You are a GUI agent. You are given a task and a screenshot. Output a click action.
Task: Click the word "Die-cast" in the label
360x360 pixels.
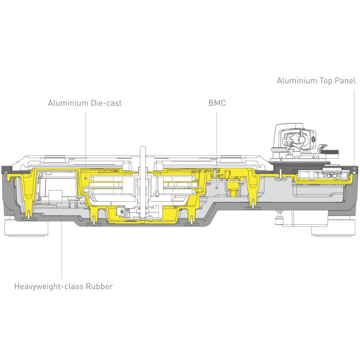tap(106, 103)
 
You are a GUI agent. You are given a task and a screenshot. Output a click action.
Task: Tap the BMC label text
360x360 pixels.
tap(217, 103)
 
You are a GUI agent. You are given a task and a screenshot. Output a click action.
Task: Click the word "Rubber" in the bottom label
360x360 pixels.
tap(99, 286)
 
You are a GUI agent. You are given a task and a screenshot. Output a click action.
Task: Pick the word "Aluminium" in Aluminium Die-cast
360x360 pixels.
tap(68, 103)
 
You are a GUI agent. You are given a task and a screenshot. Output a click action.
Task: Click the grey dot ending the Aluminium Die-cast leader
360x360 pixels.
tap(86, 178)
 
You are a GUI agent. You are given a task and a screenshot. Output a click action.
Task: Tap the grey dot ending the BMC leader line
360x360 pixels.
tap(216, 188)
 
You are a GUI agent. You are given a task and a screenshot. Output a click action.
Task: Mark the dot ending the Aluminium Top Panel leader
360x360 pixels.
tap(354, 168)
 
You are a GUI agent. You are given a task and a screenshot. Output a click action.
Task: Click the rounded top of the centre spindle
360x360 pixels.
tap(143, 148)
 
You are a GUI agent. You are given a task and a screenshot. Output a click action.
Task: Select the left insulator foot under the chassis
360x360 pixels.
tap(26, 228)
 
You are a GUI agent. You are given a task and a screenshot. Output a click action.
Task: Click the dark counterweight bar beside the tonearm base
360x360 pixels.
tap(330, 152)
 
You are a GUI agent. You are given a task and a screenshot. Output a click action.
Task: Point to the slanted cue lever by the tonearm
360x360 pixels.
tap(320, 150)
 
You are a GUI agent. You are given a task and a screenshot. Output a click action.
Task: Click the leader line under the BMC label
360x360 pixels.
tap(216, 149)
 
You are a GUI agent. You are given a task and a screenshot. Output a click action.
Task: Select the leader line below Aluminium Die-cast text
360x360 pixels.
tap(86, 144)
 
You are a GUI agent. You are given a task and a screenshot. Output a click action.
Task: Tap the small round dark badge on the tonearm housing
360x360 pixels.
tap(314, 139)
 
